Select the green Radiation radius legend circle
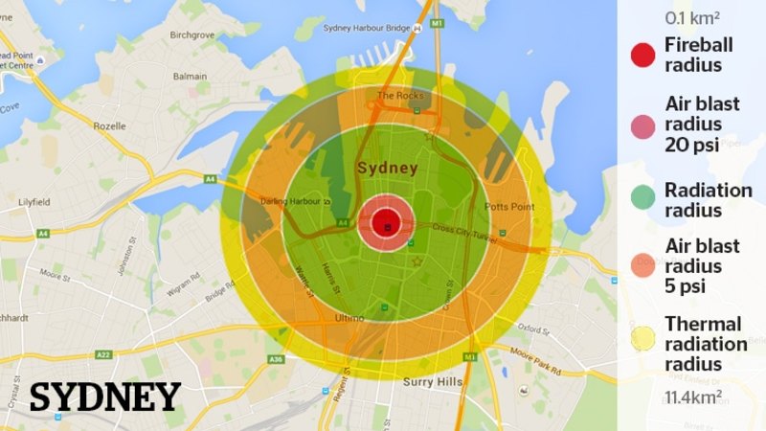click(x=643, y=199)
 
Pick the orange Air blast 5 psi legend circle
click(x=643, y=267)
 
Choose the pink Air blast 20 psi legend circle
click(x=643, y=125)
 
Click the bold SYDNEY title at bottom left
click(x=105, y=397)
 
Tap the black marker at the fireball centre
click(x=387, y=227)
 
